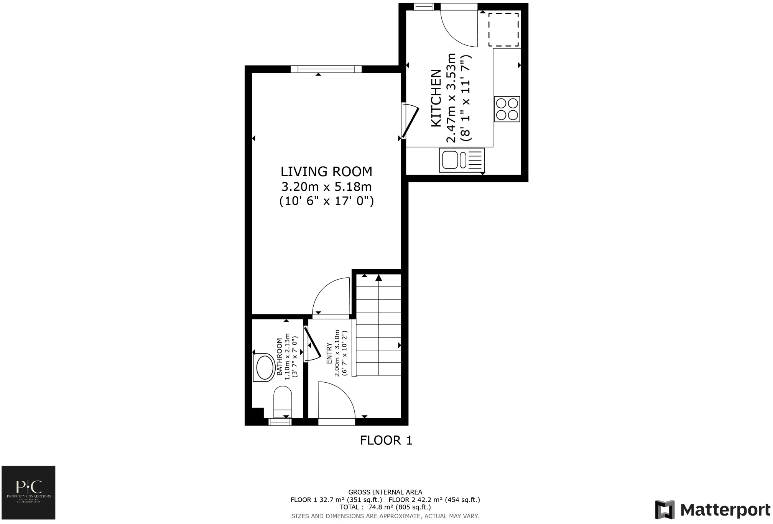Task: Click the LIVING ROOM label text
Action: coord(326,171)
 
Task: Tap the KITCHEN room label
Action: coord(436,98)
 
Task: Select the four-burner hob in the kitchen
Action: coord(507,109)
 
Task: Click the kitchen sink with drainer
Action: coord(462,160)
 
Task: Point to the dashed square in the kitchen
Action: coord(503,30)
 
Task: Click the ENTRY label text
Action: coord(329,353)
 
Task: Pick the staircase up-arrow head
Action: coord(378,278)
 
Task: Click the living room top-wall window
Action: coord(326,69)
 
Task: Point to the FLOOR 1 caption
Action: coord(386,440)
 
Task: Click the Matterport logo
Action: coord(712,510)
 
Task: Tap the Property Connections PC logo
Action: coord(29,492)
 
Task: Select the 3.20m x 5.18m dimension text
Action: coord(326,187)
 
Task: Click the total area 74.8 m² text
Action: coord(385,507)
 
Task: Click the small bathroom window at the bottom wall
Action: coord(280,422)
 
